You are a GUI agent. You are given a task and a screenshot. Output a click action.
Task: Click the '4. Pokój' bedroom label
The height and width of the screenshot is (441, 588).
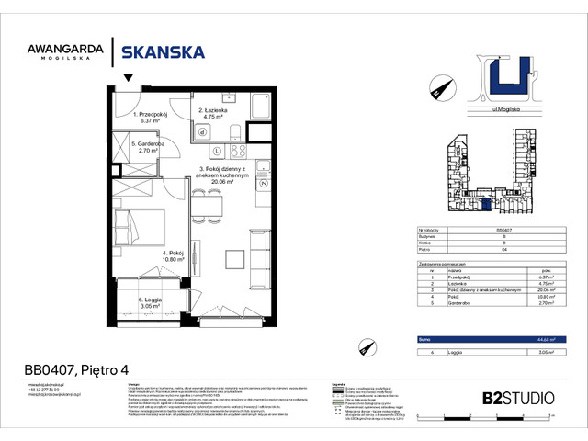pos(175,254)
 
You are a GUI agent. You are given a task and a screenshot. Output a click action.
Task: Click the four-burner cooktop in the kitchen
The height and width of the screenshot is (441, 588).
pos(240,151)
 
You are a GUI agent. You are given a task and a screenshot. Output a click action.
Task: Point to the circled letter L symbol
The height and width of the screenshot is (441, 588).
pos(217,151)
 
